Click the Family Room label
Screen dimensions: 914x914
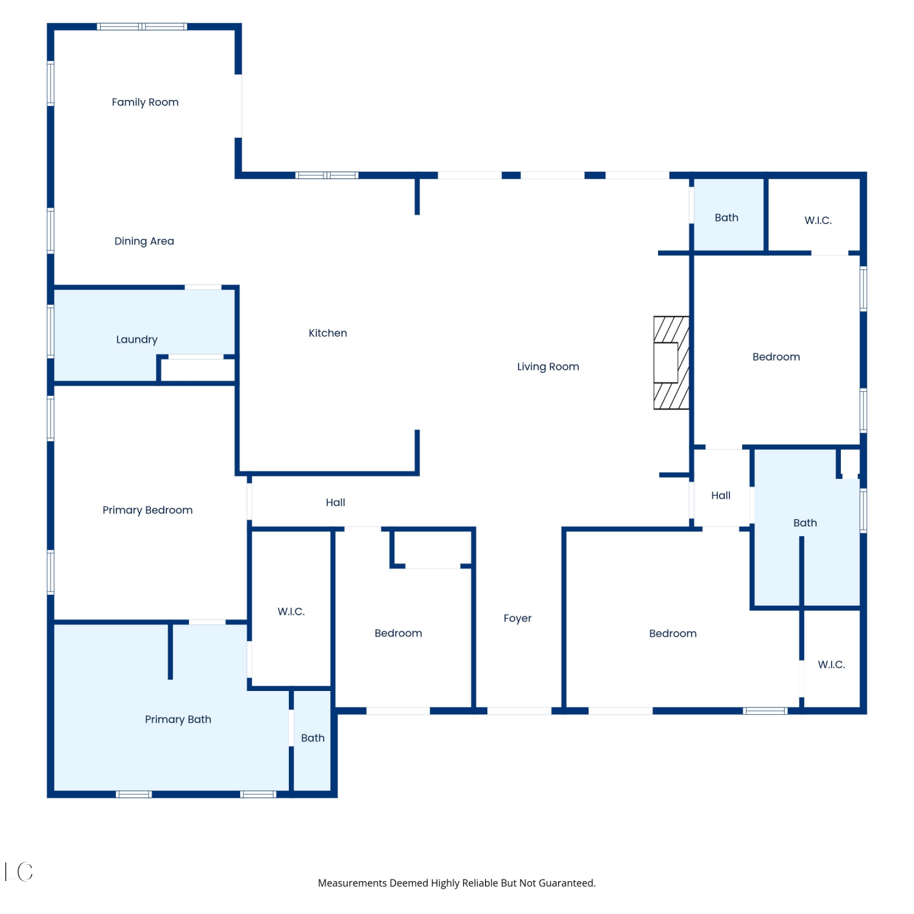(145, 102)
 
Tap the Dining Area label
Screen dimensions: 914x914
(144, 241)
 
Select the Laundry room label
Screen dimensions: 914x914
(137, 339)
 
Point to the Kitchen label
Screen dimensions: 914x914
(328, 333)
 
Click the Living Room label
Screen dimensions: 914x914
(548, 367)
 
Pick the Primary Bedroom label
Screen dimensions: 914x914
(147, 510)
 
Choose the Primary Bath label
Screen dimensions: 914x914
(178, 720)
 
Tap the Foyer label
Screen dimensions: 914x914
(517, 618)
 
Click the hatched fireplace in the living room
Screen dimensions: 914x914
(671, 363)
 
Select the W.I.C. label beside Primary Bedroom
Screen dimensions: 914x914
(291, 612)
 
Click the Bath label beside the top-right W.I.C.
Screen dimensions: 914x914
(726, 218)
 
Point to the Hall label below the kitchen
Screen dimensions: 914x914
(335, 503)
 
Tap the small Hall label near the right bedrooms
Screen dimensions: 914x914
(721, 495)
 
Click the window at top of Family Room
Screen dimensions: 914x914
(143, 27)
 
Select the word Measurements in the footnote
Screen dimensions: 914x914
(352, 884)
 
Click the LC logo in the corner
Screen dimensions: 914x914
(19, 872)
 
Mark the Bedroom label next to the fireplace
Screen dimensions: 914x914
(776, 357)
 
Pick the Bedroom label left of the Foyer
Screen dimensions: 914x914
(399, 634)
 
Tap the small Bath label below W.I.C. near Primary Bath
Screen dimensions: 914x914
(313, 739)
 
